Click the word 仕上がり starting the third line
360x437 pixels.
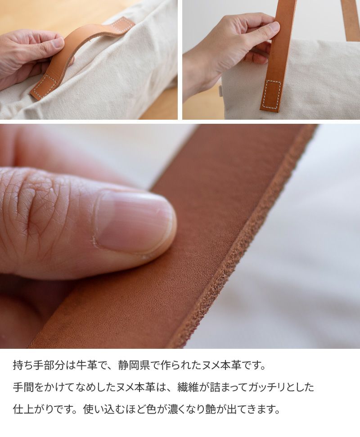(x=34, y=409)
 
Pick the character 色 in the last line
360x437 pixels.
(x=151, y=409)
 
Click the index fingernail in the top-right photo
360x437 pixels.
(x=272, y=27)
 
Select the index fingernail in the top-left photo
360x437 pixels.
(x=58, y=42)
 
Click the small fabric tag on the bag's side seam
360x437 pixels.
(x=220, y=91)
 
